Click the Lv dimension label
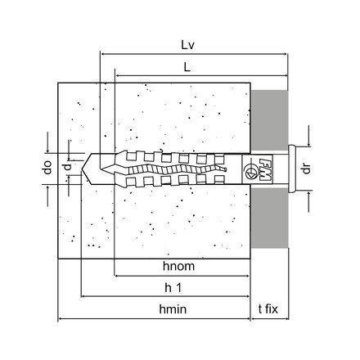188,45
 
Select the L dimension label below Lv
187,67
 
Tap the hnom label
179,266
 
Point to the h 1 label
173,287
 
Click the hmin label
173,309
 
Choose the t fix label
268,309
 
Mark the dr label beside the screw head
307,169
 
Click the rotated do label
47,168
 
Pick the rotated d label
67,167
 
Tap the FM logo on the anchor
265,169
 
